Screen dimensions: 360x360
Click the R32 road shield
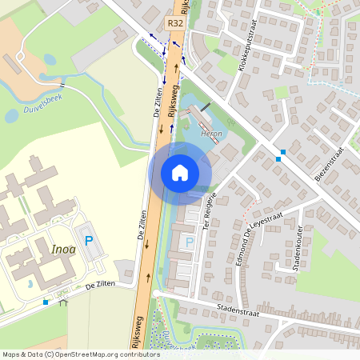[x=175, y=25]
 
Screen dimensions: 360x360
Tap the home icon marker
[x=180, y=172]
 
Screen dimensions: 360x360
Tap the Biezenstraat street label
[x=329, y=164]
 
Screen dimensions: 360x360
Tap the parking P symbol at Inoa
[x=88, y=239]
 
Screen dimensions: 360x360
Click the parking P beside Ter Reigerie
[x=190, y=241]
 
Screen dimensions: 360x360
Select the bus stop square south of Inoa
[x=46, y=302]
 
